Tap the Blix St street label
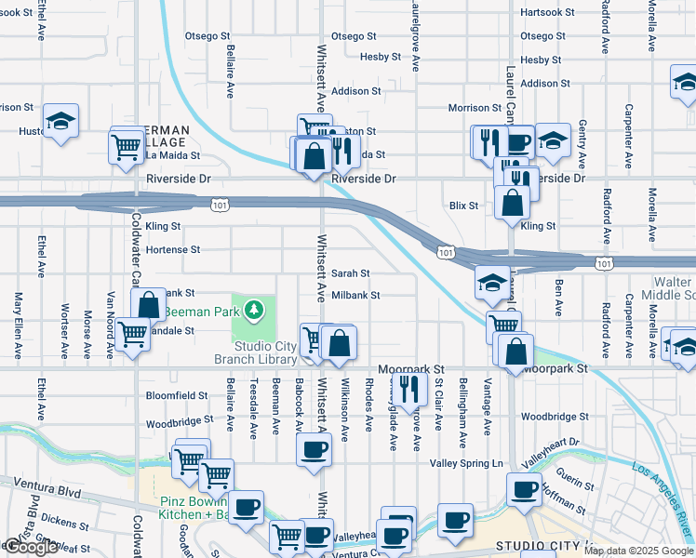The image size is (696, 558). [x=463, y=206]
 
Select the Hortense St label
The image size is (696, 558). [x=172, y=250]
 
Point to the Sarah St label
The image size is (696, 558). [x=351, y=273]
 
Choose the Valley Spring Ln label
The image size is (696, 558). [x=466, y=463]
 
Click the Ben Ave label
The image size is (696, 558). [x=558, y=291]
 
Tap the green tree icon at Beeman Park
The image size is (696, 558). [x=253, y=308]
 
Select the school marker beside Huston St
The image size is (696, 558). [x=60, y=120]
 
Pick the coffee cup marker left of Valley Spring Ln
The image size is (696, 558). [x=314, y=449]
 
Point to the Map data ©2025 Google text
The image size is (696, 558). [x=638, y=551]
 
